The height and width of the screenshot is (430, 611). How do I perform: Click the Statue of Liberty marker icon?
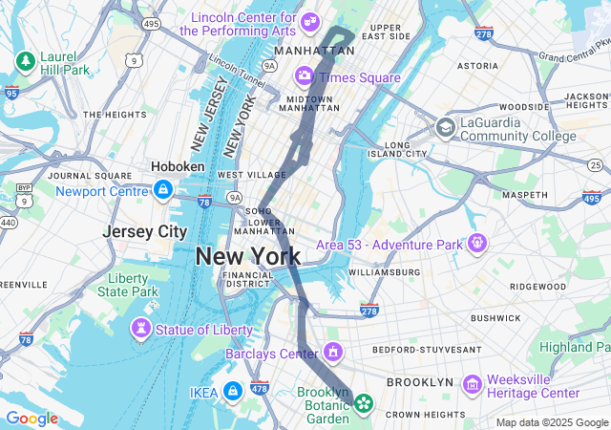[141, 329]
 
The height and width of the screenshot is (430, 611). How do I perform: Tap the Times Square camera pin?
[305, 75]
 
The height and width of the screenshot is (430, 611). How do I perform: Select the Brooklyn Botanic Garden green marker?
[364, 404]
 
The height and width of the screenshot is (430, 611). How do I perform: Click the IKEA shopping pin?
[232, 391]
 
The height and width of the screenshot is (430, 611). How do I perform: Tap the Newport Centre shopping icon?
[164, 190]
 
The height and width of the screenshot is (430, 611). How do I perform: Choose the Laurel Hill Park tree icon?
[24, 62]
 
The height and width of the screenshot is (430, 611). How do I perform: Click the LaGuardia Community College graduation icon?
[445, 127]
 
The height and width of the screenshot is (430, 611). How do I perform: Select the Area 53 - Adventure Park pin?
[477, 244]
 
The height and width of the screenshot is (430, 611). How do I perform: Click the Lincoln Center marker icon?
[310, 21]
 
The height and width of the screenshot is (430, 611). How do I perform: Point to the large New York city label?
[248, 256]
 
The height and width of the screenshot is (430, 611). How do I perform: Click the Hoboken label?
[178, 166]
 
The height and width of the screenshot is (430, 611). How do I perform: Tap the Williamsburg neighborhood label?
[385, 272]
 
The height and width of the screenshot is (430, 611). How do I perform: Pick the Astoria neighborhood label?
[477, 66]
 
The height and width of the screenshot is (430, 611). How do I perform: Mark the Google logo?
[32, 419]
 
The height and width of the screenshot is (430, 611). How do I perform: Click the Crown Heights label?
[426, 414]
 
